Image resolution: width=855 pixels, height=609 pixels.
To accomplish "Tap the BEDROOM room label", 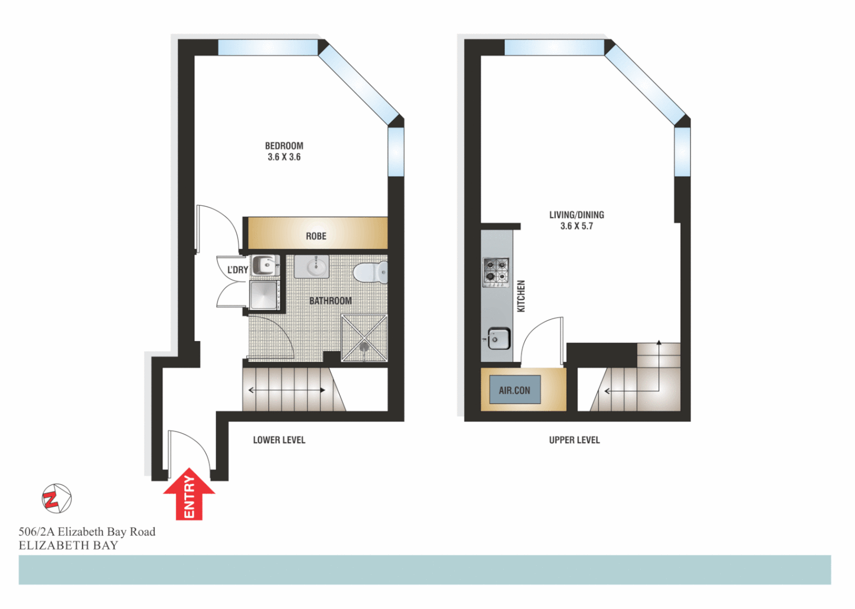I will coord(284,146).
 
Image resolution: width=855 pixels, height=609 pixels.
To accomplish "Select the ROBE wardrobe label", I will coord(316,236).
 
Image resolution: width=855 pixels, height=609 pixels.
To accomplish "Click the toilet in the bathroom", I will coord(371,272).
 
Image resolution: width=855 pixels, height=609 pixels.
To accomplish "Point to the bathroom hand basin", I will coord(312,267).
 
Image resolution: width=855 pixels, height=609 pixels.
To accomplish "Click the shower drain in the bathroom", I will coord(365,347).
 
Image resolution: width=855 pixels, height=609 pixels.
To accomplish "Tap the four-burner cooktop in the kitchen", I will coord(495,272).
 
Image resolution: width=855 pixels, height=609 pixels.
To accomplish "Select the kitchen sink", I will coord(499,339).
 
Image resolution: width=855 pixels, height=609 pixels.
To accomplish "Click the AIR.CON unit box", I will coord(515,390).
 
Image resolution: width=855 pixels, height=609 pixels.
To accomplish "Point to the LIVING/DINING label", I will coord(577,215).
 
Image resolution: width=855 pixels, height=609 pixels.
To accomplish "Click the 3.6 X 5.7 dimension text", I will coord(577,226).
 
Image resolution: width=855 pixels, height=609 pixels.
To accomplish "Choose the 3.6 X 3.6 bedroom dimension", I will coord(284,157).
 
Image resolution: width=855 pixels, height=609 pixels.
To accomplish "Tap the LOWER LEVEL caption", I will coord(279,440).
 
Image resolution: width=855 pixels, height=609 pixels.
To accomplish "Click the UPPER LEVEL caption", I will coord(574,440).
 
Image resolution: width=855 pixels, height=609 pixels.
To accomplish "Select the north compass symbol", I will coord(56,498).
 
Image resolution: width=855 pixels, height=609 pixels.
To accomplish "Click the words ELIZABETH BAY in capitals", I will coord(68,545).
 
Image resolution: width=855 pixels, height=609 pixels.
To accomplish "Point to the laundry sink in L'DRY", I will coord(264,264).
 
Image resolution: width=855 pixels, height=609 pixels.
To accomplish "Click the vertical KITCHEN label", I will coord(521,296).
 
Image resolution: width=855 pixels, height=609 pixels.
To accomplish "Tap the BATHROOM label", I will coord(330,301).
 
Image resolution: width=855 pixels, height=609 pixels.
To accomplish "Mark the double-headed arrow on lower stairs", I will coord(287,390).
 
